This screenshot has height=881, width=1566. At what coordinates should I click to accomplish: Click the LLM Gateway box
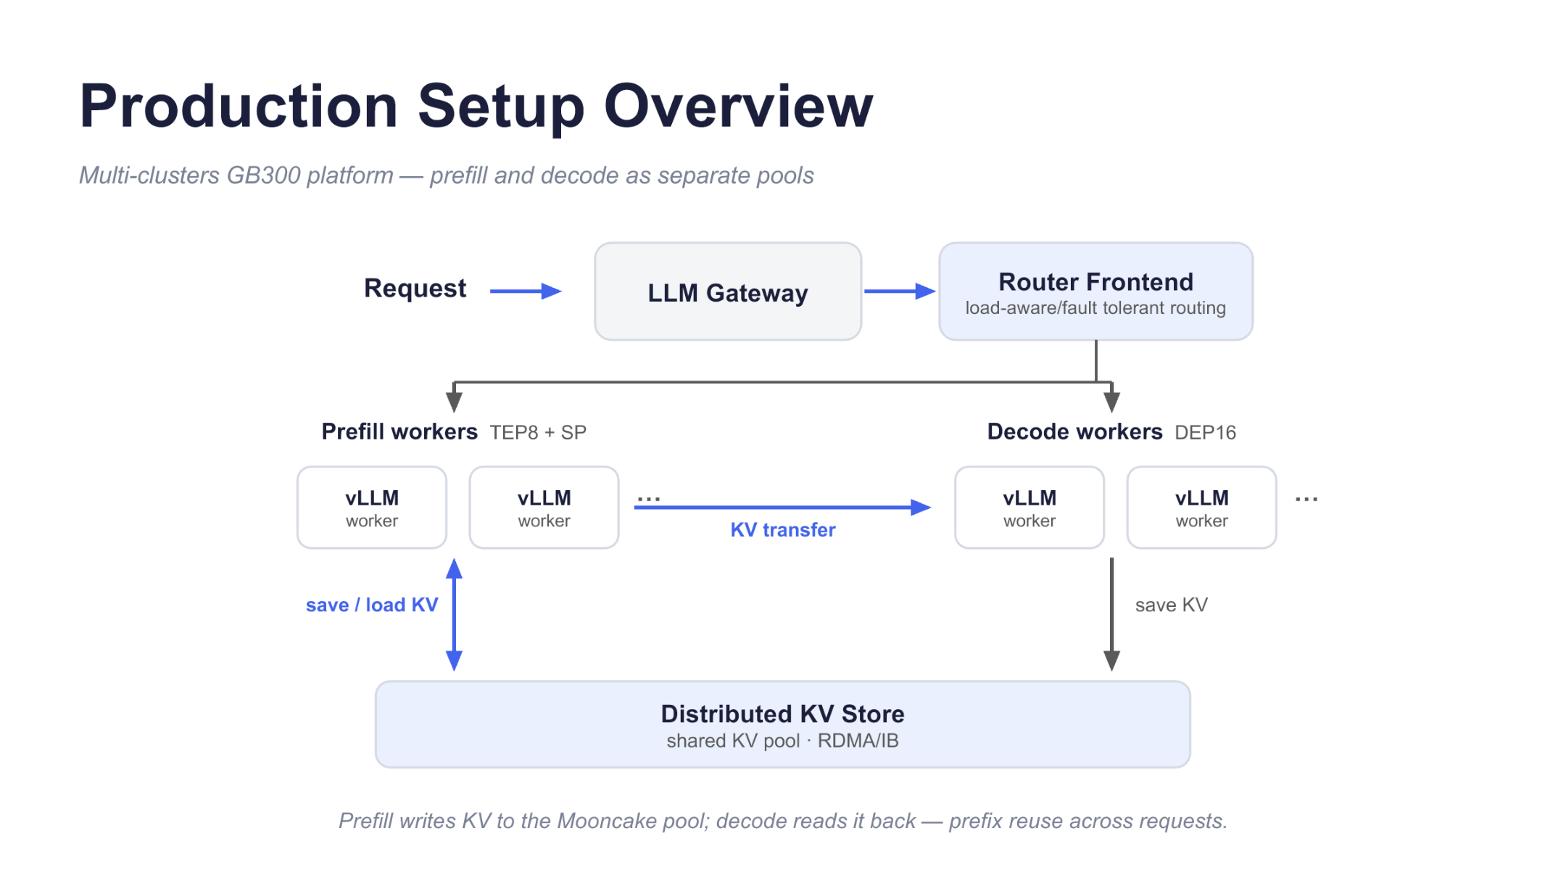pyautogui.click(x=728, y=291)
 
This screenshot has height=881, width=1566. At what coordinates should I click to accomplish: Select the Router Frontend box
pyautogui.click(x=1095, y=291)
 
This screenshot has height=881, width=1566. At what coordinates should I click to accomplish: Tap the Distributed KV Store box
pyautogui.click(x=783, y=724)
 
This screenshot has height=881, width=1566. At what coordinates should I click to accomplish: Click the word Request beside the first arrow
pyautogui.click(x=415, y=289)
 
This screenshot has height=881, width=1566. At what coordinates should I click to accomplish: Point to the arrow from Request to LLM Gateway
pyautogui.click(x=526, y=291)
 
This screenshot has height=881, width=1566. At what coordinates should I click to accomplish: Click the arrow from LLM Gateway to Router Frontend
pyautogui.click(x=900, y=291)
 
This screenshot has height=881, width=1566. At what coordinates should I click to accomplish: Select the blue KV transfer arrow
pyautogui.click(x=782, y=508)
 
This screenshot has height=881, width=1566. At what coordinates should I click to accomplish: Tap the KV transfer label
pyautogui.click(x=783, y=530)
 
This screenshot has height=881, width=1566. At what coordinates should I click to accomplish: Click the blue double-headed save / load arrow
pyautogui.click(x=455, y=615)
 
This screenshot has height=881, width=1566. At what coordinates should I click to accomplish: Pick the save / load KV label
pyautogui.click(x=372, y=605)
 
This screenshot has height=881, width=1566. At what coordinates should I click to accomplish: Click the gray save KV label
pyautogui.click(x=1172, y=605)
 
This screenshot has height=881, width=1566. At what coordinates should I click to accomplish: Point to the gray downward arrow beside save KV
pyautogui.click(x=1112, y=615)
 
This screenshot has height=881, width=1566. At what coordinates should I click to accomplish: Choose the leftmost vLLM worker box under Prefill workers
pyautogui.click(x=372, y=508)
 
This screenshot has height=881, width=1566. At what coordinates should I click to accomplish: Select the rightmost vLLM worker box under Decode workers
pyautogui.click(x=1202, y=508)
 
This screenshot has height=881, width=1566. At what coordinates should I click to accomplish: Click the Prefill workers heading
pyautogui.click(x=399, y=431)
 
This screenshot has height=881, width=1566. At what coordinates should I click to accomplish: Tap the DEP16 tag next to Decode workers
pyautogui.click(x=1206, y=433)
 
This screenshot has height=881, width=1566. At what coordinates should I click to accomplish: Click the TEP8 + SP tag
pyautogui.click(x=538, y=433)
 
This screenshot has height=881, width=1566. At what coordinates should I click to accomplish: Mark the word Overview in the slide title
pyautogui.click(x=739, y=107)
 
